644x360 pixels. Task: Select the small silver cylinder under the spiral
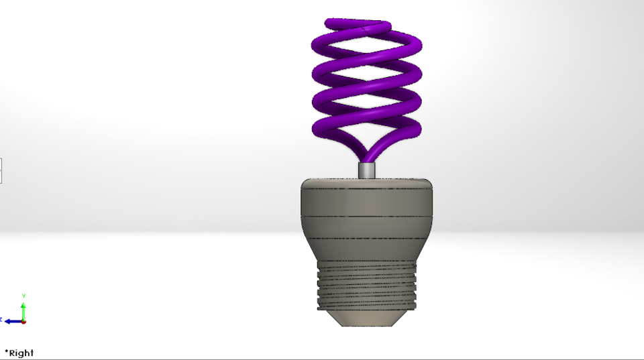click(367, 170)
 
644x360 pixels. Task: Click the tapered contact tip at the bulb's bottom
click(367, 319)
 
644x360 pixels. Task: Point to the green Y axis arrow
click(23, 310)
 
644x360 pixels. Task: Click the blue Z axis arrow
click(12, 321)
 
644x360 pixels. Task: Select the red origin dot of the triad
click(23, 321)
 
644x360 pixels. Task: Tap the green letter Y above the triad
click(23, 296)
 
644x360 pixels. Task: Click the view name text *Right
click(19, 353)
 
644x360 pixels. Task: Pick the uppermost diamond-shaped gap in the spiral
click(367, 53)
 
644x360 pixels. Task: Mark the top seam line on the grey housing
click(367, 190)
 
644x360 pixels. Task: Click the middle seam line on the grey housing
click(367, 216)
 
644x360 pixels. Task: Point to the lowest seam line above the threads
click(367, 238)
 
